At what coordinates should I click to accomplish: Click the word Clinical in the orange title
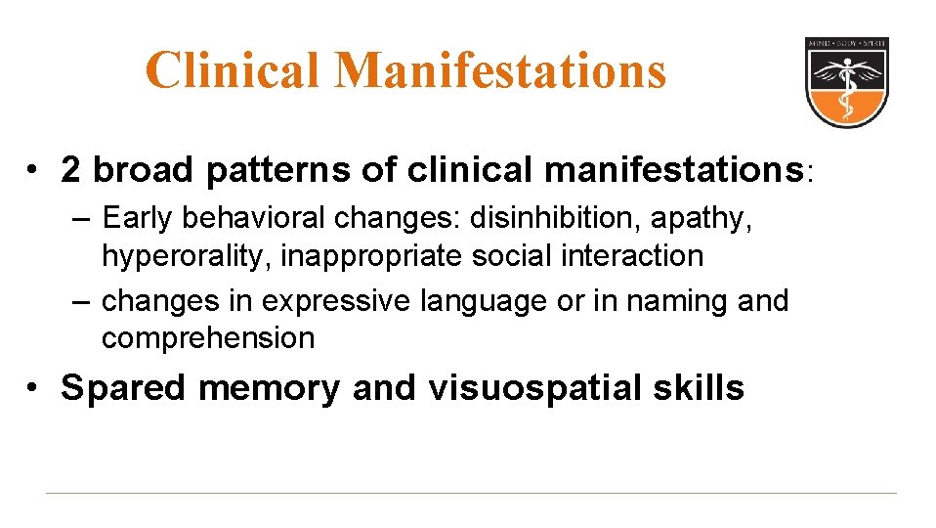tap(233, 70)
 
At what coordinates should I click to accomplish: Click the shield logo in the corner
tap(846, 82)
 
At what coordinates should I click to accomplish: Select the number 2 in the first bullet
tap(70, 170)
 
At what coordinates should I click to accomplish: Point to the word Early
tap(138, 217)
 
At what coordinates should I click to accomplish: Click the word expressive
tap(340, 301)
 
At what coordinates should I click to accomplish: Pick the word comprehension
tap(208, 339)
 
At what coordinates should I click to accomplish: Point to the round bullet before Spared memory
tap(34, 389)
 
